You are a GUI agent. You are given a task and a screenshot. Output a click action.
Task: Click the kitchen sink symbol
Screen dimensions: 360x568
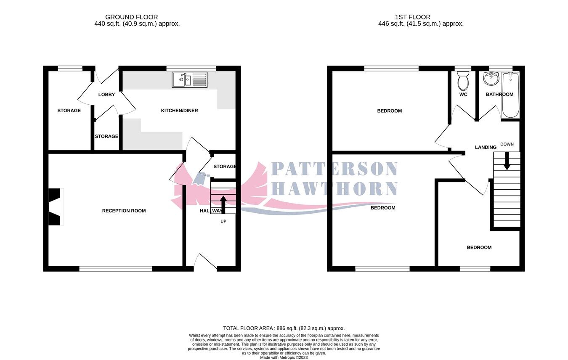pos(190,79)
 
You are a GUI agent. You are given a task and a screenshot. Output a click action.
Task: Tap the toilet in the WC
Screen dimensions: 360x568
pos(463,81)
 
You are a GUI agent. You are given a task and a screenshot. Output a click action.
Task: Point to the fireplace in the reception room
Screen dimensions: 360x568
pos(55,207)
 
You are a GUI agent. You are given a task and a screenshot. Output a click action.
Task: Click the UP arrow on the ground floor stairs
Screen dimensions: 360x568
pos(223,204)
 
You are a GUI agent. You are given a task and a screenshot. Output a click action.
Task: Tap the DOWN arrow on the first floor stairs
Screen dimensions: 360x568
pos(507,161)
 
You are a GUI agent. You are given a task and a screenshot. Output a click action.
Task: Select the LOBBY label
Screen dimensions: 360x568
pos(106,95)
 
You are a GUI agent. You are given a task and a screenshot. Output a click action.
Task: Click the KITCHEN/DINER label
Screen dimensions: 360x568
pos(179,111)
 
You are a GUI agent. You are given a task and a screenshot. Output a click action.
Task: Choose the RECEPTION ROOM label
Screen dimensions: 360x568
pos(124,211)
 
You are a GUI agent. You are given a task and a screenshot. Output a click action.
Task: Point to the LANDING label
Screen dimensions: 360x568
pos(486,147)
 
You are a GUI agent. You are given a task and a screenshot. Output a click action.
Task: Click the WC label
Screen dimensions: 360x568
pos(463,95)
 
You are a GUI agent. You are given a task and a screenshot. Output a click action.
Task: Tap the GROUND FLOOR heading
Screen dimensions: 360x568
pos(131,17)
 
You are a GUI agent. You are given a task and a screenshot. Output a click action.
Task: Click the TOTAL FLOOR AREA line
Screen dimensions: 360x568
pos(284,328)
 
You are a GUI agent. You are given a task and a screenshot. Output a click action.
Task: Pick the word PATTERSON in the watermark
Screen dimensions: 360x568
pos(334,169)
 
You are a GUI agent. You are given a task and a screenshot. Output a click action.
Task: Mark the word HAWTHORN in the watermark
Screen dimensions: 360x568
pos(334,189)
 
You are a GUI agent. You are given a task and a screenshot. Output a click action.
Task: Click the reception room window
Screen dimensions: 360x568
pos(115,269)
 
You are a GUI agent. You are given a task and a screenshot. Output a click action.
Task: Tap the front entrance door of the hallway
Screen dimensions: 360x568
pos(205,262)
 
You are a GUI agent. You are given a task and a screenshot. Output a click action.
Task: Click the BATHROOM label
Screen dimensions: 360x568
pos(499,95)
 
